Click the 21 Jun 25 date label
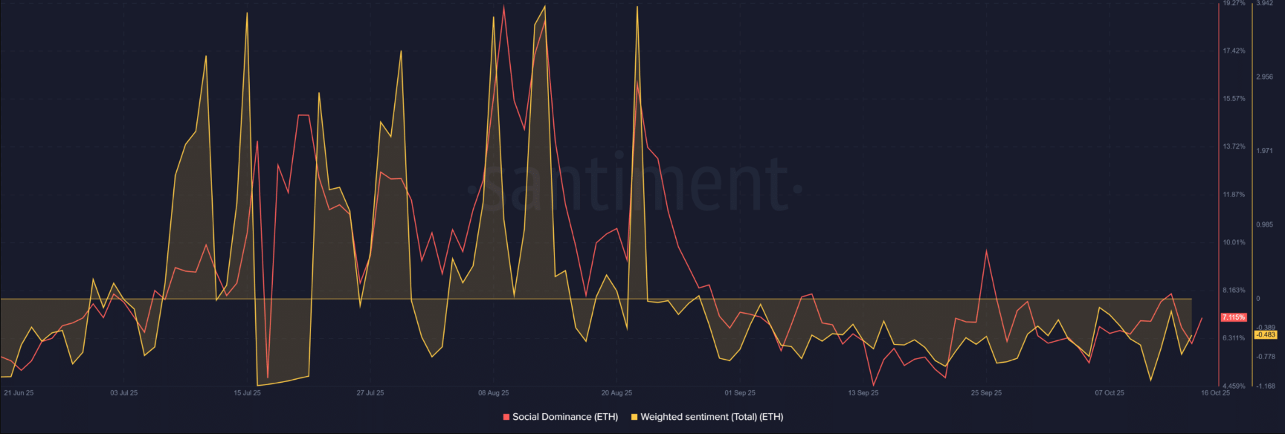tap(19, 393)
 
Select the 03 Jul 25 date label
tap(124, 393)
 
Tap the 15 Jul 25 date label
tap(247, 393)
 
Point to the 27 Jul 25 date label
tap(370, 393)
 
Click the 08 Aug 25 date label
tap(494, 393)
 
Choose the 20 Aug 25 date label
tap(616, 393)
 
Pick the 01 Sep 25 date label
tap(740, 393)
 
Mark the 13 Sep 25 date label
tap(863, 393)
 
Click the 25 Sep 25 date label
tap(986, 393)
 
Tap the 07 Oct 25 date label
tap(1110, 393)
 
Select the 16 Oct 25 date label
tap(1216, 393)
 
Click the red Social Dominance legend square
tap(506, 417)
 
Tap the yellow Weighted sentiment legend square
tap(634, 417)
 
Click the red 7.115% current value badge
tap(1234, 317)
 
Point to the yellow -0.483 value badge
tap(1266, 335)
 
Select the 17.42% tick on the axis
tap(1234, 51)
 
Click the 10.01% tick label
tap(1234, 242)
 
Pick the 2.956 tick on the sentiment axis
tap(1264, 77)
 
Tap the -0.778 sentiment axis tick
tap(1266, 357)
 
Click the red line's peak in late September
tap(986, 251)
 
